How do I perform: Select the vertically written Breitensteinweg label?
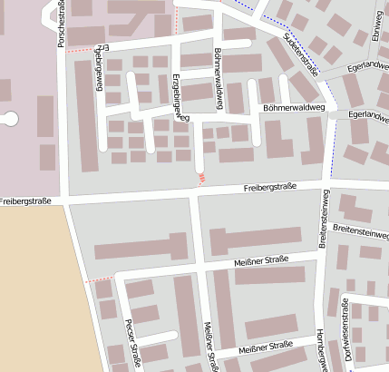323,219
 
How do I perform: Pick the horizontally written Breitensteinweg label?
360,230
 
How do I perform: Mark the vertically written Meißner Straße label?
210,347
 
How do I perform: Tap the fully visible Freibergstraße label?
270,188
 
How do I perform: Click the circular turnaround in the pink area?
9,117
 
